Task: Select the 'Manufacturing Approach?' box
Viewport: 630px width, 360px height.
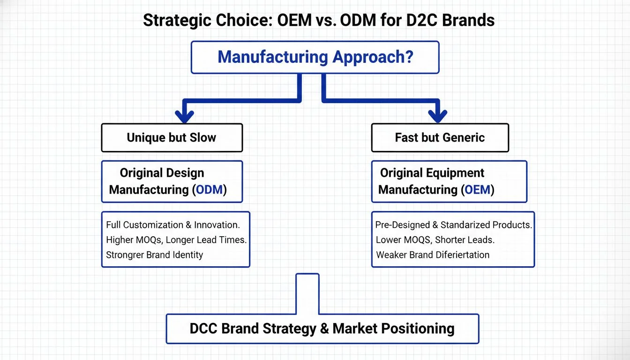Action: click(x=315, y=57)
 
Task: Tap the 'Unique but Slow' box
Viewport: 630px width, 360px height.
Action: click(x=172, y=138)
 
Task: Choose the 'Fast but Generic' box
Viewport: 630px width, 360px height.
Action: click(x=440, y=138)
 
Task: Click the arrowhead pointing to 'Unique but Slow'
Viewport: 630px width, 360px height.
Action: click(x=184, y=115)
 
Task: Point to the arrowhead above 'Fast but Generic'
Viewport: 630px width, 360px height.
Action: click(x=437, y=115)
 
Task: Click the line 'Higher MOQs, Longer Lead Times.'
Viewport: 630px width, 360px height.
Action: click(x=176, y=240)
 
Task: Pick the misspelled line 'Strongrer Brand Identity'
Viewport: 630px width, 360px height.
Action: click(x=154, y=255)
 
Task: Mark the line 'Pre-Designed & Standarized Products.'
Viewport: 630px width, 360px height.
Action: click(x=453, y=225)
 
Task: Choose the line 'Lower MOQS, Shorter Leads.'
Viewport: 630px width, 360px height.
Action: click(x=435, y=240)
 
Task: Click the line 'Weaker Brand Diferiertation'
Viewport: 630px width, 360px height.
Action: click(x=433, y=255)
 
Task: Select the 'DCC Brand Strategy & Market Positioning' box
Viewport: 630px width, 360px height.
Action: click(x=322, y=329)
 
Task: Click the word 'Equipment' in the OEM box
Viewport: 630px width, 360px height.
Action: click(x=455, y=173)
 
